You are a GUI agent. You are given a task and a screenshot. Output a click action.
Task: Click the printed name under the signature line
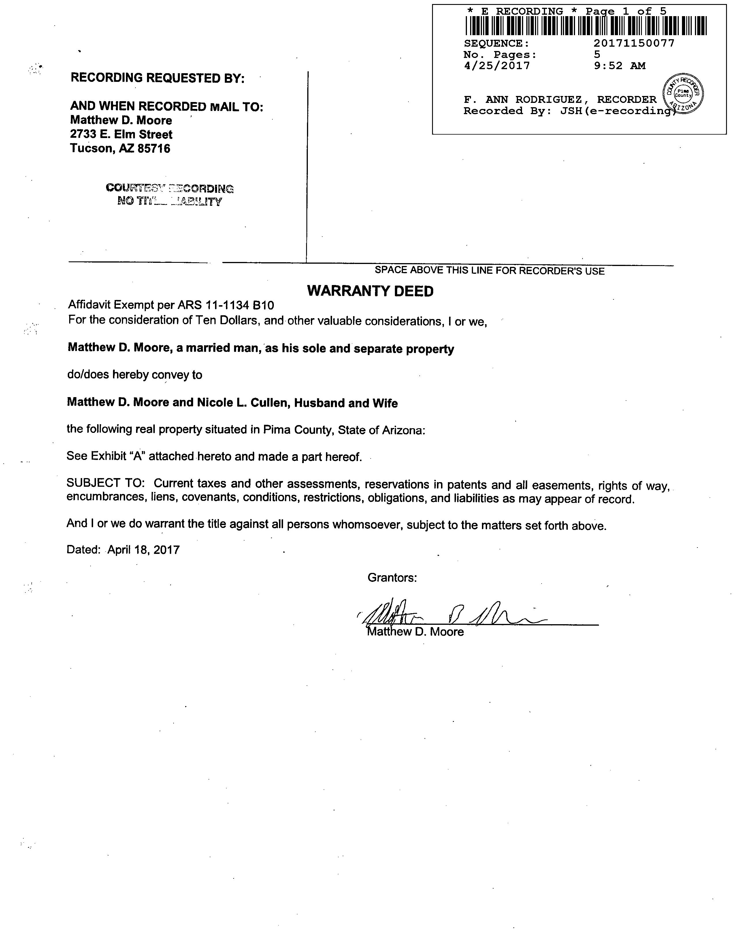(416, 632)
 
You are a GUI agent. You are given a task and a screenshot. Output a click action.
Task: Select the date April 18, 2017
(143, 550)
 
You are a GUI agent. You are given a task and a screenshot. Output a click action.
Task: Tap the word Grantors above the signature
(392, 578)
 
